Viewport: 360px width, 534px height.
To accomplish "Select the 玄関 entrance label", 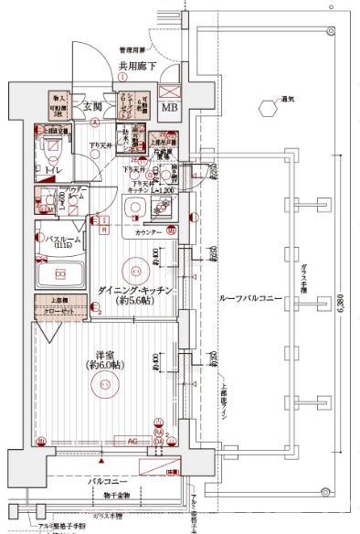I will point(95,107).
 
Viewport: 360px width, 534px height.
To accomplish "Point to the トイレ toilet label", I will point(55,169).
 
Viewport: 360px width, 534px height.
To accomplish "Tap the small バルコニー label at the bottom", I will point(107,479).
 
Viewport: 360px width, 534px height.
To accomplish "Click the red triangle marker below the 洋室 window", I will point(146,465).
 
